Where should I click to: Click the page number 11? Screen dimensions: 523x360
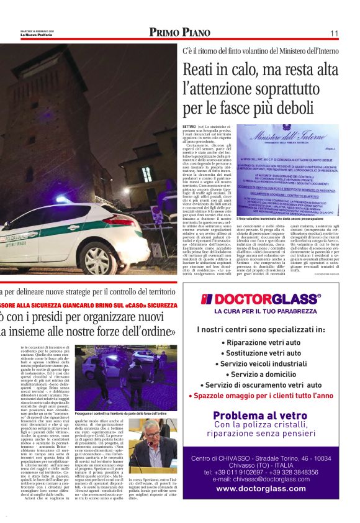[334, 33]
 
